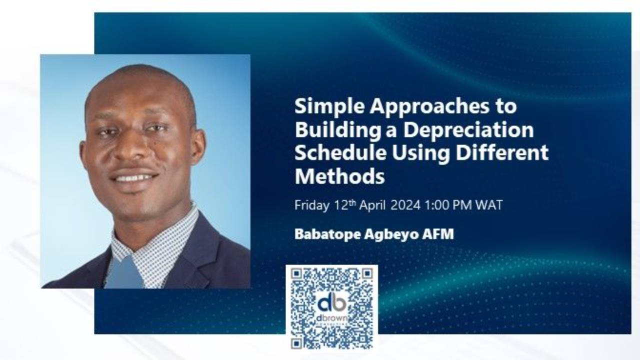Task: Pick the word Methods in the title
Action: click(339, 176)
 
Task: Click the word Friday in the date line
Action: click(311, 205)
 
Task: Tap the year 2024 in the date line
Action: click(405, 205)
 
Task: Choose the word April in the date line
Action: click(371, 205)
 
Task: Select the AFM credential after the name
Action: click(440, 234)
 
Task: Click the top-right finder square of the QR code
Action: click(367, 274)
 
